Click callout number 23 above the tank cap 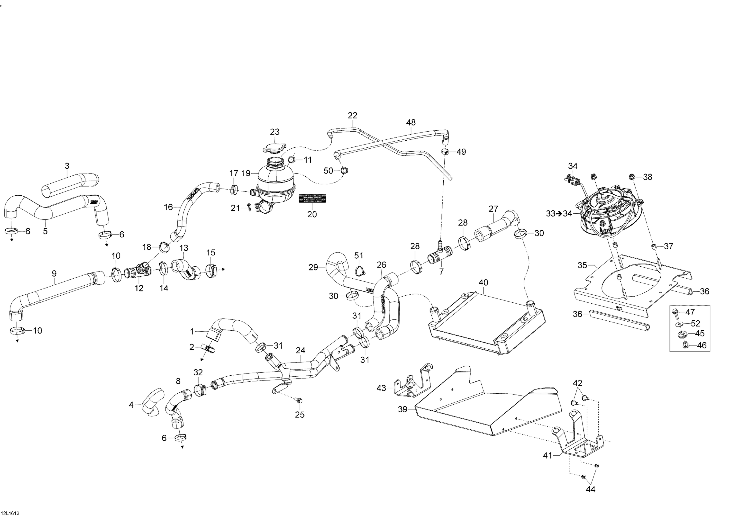click(275, 132)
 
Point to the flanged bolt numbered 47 click(675, 313)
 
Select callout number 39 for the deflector click(403, 409)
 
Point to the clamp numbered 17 click(234, 190)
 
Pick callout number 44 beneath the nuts click(590, 489)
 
